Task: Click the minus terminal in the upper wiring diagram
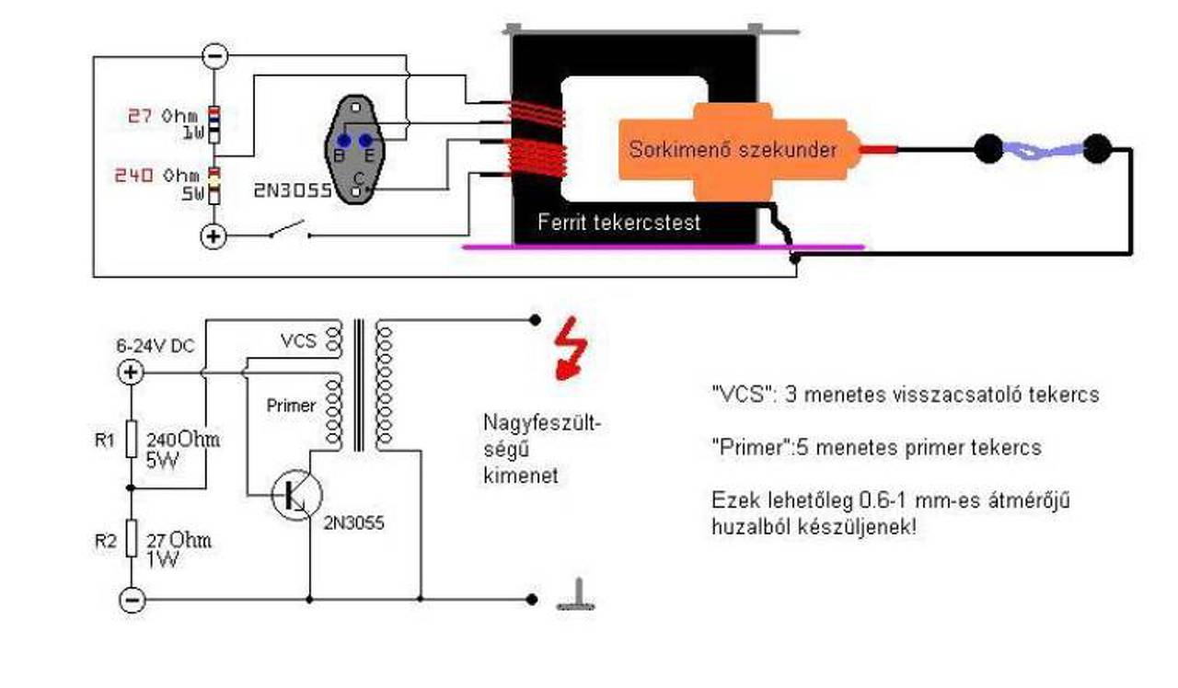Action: [215, 56]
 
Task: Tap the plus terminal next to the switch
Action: [213, 236]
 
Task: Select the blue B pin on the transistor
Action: [344, 141]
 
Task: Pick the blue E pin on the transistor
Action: [365, 141]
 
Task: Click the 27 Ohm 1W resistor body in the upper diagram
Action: [214, 124]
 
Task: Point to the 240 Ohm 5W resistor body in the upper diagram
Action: [214, 186]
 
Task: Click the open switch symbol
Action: [289, 230]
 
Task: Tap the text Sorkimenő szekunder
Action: [733, 150]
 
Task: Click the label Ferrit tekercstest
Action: [619, 223]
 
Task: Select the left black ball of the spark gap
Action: [988, 149]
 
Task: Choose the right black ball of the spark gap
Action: [1097, 149]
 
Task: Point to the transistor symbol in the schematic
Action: [297, 495]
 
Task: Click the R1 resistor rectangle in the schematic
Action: [132, 439]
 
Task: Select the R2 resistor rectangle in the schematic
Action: [132, 538]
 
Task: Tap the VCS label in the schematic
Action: [299, 341]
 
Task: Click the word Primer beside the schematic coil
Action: [291, 406]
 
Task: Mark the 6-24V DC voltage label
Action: [156, 346]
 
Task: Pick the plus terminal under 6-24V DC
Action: [131, 373]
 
